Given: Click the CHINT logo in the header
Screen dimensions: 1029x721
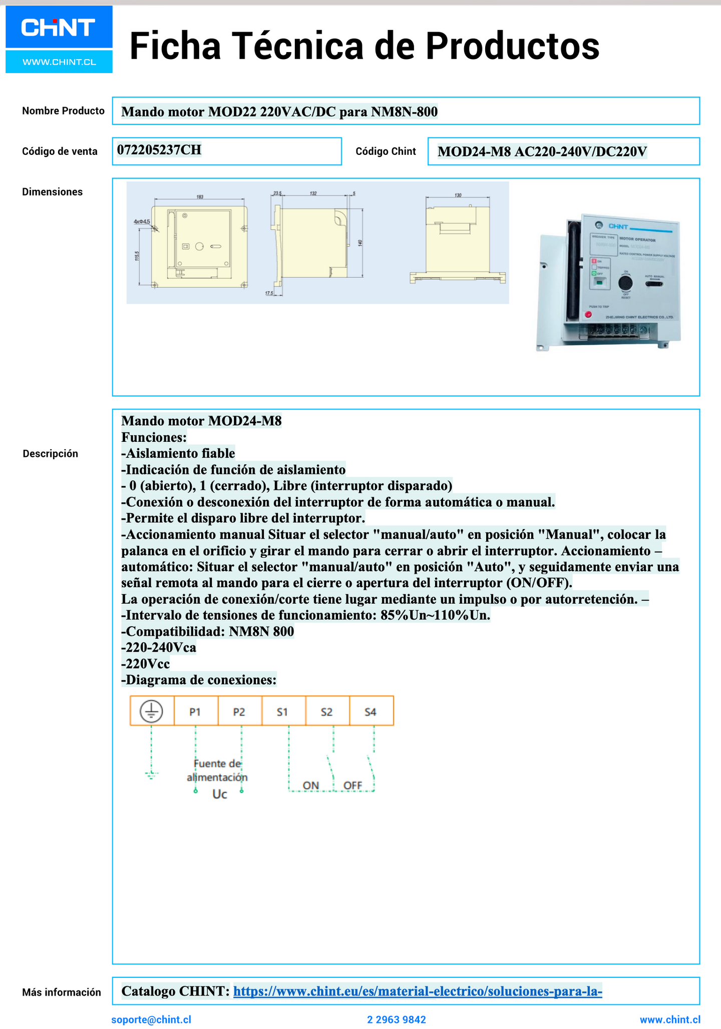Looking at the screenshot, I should [x=59, y=28].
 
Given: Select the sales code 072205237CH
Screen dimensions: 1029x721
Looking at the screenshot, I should [x=159, y=150].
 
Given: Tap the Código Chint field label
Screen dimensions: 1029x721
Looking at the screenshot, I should [x=386, y=151].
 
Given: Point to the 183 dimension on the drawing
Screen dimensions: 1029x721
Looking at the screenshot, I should [x=200, y=197].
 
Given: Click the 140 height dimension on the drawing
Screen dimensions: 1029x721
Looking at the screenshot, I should [x=360, y=243].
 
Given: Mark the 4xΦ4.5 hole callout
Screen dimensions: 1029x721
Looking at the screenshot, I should [x=142, y=221].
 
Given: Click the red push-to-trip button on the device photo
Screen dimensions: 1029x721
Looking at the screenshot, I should [x=588, y=315].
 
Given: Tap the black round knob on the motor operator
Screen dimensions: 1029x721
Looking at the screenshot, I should [x=625, y=284].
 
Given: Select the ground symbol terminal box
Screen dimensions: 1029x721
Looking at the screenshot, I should [x=152, y=711].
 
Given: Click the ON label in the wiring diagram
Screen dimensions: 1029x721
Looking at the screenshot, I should [x=311, y=785].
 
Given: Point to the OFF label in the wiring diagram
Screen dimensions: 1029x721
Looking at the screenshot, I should [x=352, y=785].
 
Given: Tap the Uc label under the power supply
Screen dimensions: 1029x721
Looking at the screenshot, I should [x=219, y=794].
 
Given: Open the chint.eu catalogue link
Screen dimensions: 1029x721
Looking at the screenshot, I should [x=418, y=991].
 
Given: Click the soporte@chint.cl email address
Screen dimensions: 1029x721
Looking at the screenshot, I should [x=151, y=1019].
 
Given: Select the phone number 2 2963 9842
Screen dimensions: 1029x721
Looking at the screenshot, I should [x=397, y=1019].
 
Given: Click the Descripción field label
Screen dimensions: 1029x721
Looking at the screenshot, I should [x=51, y=453].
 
